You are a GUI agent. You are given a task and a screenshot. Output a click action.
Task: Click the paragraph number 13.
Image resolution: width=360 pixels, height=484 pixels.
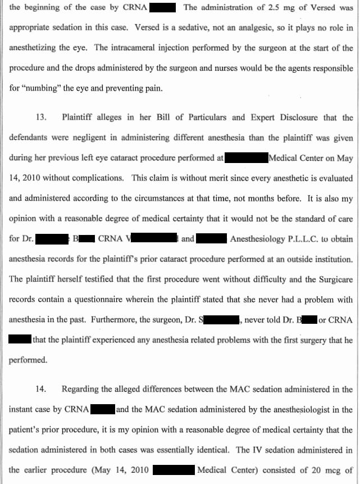click(x=41, y=117)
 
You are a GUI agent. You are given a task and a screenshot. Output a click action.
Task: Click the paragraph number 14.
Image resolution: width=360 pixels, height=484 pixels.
click(x=41, y=389)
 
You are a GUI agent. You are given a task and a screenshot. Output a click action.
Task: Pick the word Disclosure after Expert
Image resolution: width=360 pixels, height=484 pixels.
click(x=303, y=117)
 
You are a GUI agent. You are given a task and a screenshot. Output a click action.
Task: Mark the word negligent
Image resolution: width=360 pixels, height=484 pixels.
click(x=75, y=138)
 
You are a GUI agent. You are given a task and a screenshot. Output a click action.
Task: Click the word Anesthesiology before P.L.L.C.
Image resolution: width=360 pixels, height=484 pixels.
click(x=257, y=238)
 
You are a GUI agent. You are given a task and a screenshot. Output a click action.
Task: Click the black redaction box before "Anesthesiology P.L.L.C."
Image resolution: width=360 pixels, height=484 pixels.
click(x=212, y=238)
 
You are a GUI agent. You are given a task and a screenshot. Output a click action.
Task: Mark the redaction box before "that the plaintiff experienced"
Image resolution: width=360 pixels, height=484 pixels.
click(x=20, y=340)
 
